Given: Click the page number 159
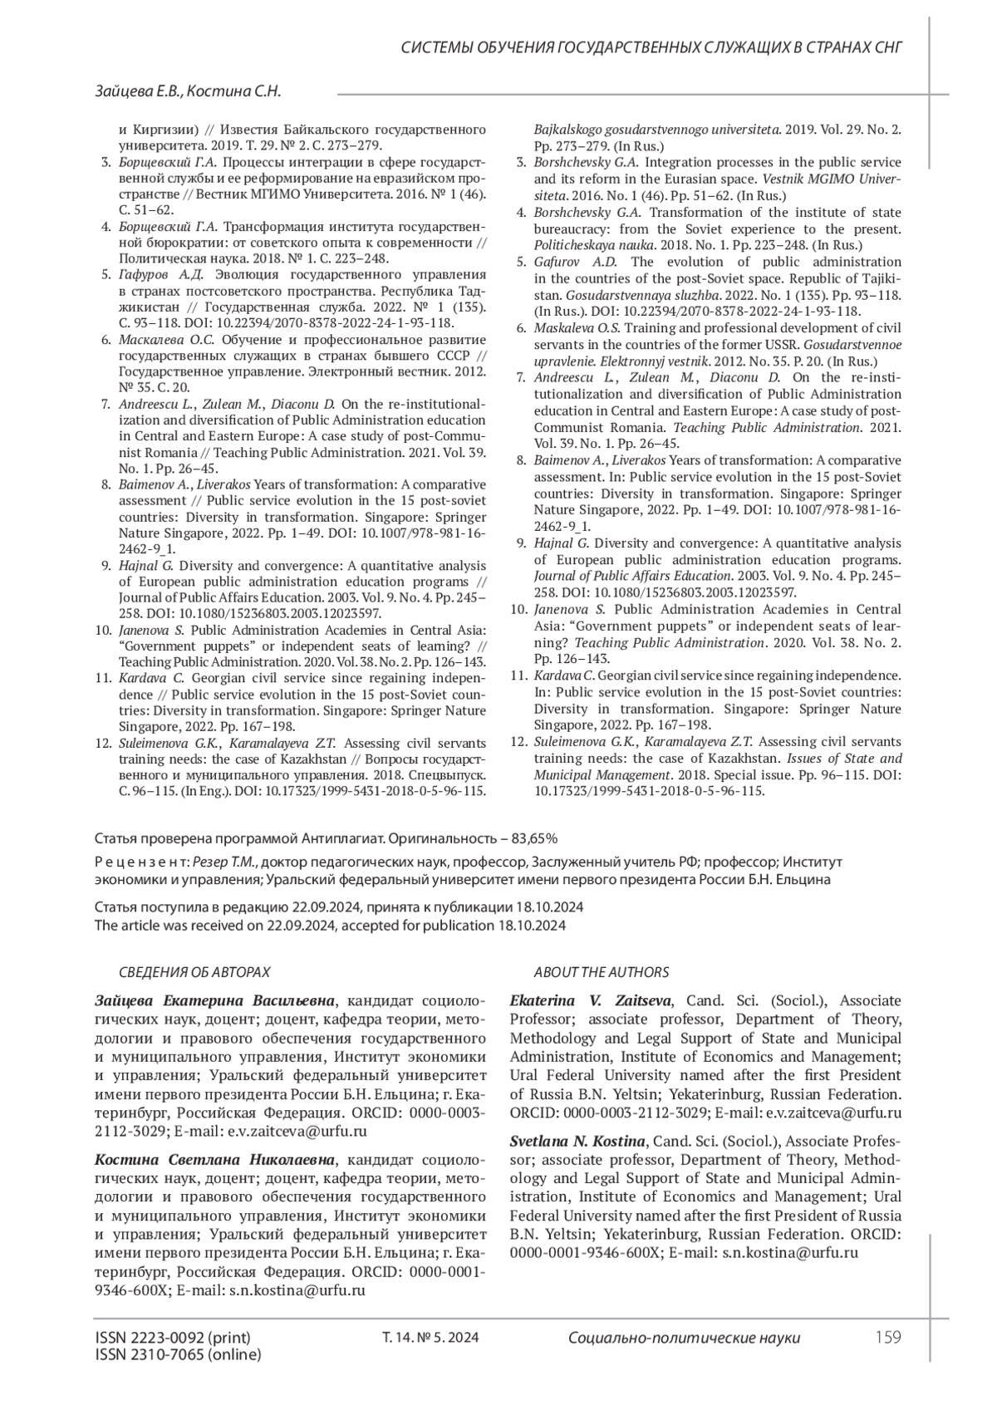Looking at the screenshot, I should [x=888, y=1338].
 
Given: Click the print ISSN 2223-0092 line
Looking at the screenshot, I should [x=173, y=1338].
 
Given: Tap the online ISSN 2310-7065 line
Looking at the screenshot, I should [x=178, y=1354].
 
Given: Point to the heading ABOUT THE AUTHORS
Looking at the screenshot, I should [x=601, y=971].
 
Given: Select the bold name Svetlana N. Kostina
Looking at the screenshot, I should [x=578, y=1141].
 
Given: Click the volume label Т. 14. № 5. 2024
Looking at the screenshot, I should [x=430, y=1338].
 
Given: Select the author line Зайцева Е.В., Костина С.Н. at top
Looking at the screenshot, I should [x=188, y=92].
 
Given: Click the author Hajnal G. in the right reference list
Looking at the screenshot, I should [x=561, y=543].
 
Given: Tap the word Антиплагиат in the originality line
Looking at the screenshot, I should [x=349, y=838].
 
